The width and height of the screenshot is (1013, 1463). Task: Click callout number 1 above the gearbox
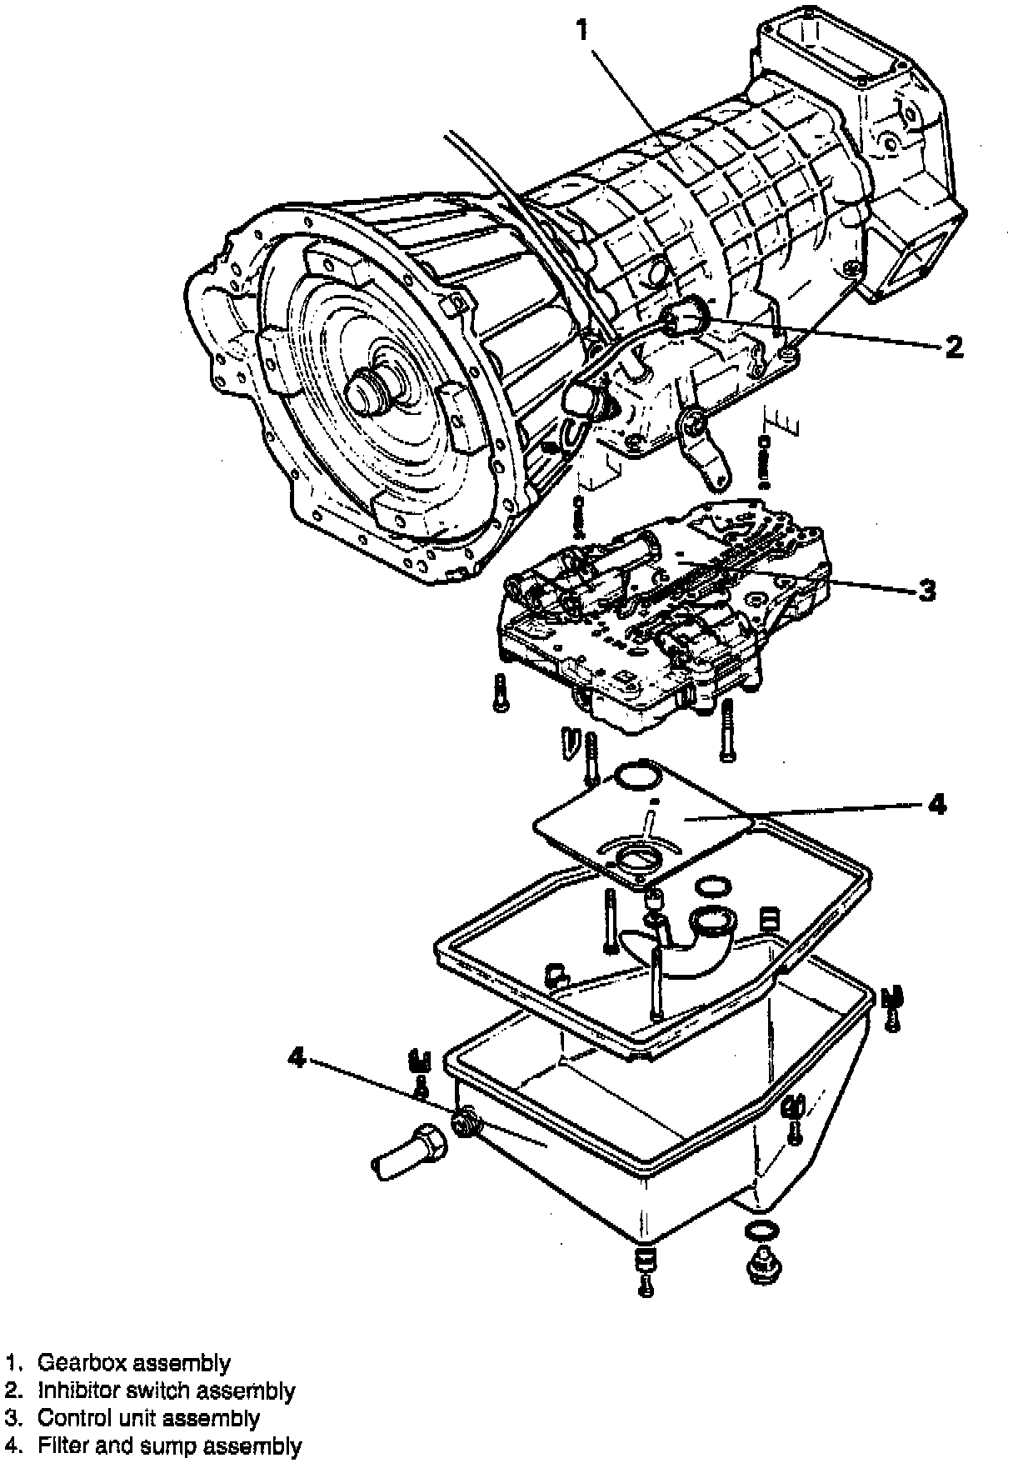pyautogui.click(x=583, y=31)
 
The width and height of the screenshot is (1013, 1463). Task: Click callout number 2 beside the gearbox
pyautogui.click(x=953, y=346)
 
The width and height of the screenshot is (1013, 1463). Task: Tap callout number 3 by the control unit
pyautogui.click(x=926, y=590)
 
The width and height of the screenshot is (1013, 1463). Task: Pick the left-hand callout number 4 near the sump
pyautogui.click(x=297, y=1057)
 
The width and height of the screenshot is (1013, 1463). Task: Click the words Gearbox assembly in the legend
pyautogui.click(x=134, y=1364)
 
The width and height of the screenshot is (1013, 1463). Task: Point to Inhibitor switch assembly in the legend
pyautogui.click(x=166, y=1391)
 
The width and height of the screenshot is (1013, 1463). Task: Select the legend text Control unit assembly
pyautogui.click(x=149, y=1418)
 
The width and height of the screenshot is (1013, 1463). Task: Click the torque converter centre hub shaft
pyautogui.click(x=371, y=392)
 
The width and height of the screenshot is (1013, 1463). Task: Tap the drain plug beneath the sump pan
pyautogui.click(x=760, y=1266)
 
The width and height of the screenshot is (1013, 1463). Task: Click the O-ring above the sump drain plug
pyautogui.click(x=759, y=1231)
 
